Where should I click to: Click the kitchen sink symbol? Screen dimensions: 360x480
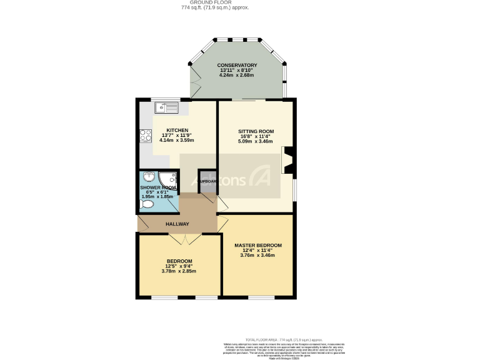(x=167, y=107)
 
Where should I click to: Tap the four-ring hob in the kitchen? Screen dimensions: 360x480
(x=145, y=136)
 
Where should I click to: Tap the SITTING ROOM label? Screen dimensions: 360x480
(x=256, y=132)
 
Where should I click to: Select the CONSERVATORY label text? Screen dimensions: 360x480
(x=237, y=66)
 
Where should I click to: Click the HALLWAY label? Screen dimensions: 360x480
(x=177, y=224)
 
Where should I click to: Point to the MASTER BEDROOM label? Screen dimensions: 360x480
(x=258, y=245)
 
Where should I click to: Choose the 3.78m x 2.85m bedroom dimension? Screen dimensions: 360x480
(x=179, y=271)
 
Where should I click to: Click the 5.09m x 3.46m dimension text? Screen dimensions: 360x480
(x=256, y=142)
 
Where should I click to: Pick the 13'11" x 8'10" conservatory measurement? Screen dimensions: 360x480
(x=237, y=71)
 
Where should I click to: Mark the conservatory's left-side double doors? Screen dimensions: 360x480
(x=196, y=87)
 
